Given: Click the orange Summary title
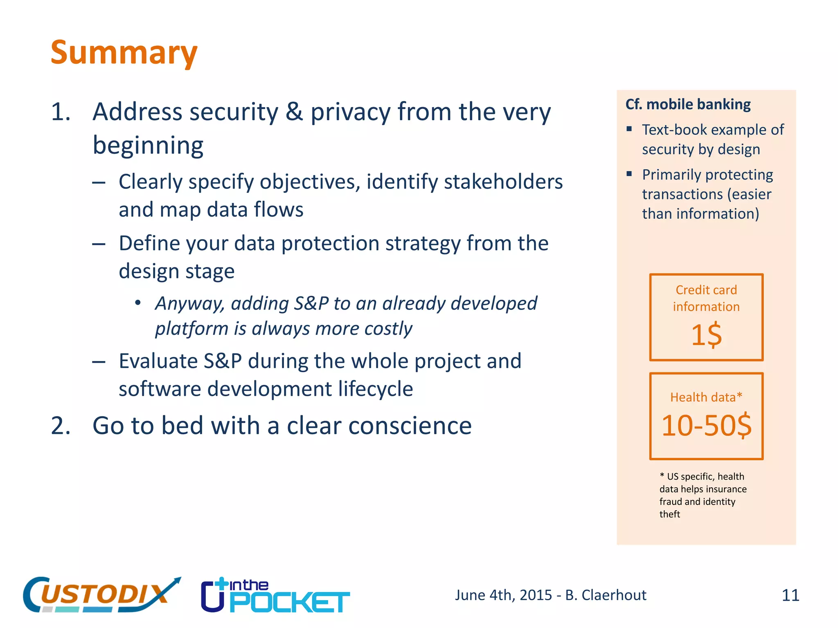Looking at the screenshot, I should tap(124, 53).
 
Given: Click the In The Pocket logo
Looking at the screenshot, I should tap(275, 596).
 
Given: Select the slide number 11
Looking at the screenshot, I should tap(790, 595).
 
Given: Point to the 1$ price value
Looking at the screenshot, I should tap(706, 335).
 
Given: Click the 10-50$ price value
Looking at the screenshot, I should tap(706, 426).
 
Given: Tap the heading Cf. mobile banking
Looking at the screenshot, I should tap(688, 105).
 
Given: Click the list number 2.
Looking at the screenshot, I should tap(61, 426).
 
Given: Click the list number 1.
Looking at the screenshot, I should tap(61, 112).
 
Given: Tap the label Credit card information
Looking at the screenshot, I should tap(706, 298).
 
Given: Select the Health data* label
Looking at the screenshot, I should tap(706, 397).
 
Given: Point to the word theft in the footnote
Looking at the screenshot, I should tap(669, 514).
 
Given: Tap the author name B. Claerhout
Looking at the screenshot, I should tap(606, 595).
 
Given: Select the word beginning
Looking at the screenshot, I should tap(148, 146).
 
